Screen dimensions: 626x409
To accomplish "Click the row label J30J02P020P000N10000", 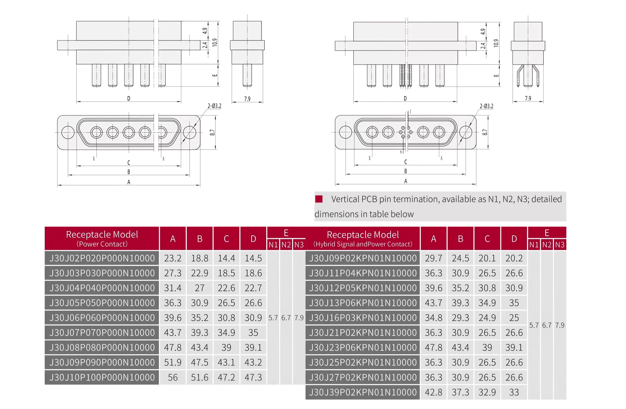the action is pyautogui.click(x=102, y=258).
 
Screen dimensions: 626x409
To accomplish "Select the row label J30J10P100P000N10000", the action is pyautogui.click(x=102, y=377).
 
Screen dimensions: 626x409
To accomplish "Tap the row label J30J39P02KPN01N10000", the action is pyautogui.click(x=363, y=392).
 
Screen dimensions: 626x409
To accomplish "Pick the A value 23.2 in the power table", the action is pyautogui.click(x=173, y=258).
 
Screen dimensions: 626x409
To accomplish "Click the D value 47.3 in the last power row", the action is pyautogui.click(x=253, y=377).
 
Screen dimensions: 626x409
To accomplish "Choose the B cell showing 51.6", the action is pyautogui.click(x=200, y=377).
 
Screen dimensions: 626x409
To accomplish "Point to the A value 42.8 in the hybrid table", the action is pyautogui.click(x=434, y=392).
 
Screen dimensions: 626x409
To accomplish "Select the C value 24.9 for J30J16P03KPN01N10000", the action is pyautogui.click(x=487, y=318).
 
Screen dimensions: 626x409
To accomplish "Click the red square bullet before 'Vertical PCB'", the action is pyautogui.click(x=319, y=199).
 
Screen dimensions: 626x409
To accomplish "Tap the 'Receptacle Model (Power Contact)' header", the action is pyautogui.click(x=102, y=239).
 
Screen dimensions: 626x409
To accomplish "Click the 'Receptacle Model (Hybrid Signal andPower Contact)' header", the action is pyautogui.click(x=363, y=239).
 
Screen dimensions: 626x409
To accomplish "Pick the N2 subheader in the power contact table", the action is pyautogui.click(x=286, y=245).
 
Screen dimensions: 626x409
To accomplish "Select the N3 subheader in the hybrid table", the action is pyautogui.click(x=560, y=245).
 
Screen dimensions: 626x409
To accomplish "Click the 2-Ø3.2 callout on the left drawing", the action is pyautogui.click(x=215, y=106).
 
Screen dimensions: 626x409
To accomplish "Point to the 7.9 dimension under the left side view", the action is pyautogui.click(x=247, y=99).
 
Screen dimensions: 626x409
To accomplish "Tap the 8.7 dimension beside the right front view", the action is pyautogui.click(x=485, y=132).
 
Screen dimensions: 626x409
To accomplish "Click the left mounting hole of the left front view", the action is pyautogui.click(x=68, y=132).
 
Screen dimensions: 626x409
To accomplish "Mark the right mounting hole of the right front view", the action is pyautogui.click(x=466, y=132).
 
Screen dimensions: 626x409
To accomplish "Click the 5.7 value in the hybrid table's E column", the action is pyautogui.click(x=534, y=325).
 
